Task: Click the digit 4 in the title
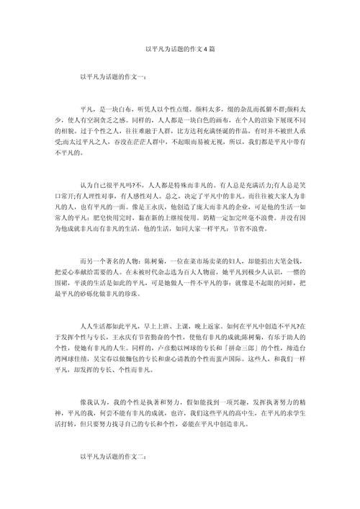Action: coord(204,49)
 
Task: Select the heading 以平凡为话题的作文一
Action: coord(114,76)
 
